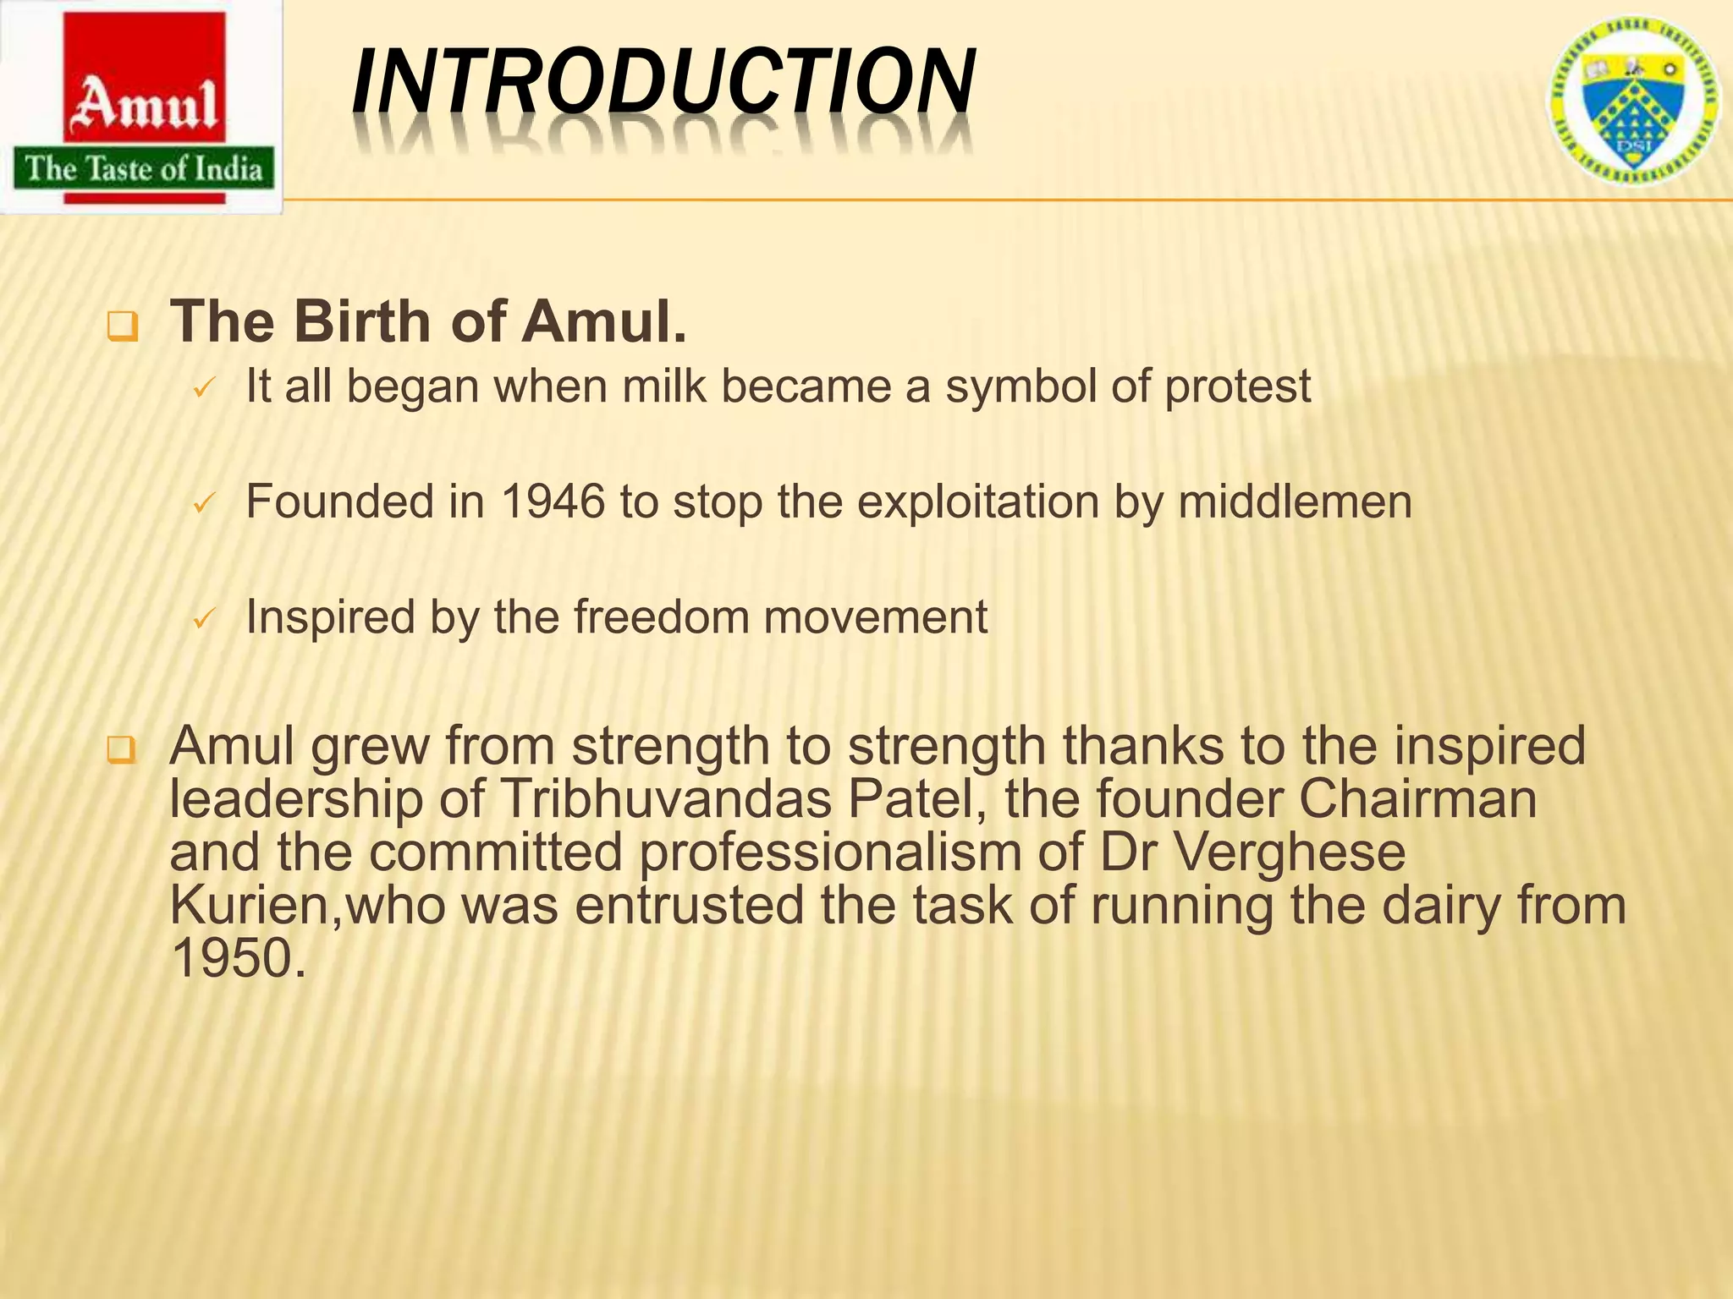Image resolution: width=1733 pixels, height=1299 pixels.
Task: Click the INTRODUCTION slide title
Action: point(663,82)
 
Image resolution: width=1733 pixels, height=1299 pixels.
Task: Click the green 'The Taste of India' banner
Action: point(144,169)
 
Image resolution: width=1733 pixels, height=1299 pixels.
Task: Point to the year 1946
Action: point(553,502)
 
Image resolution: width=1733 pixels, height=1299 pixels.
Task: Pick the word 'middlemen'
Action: point(1295,502)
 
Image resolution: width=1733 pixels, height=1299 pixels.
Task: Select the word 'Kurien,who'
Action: point(307,905)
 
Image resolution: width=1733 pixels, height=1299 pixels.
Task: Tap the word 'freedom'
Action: point(661,617)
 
